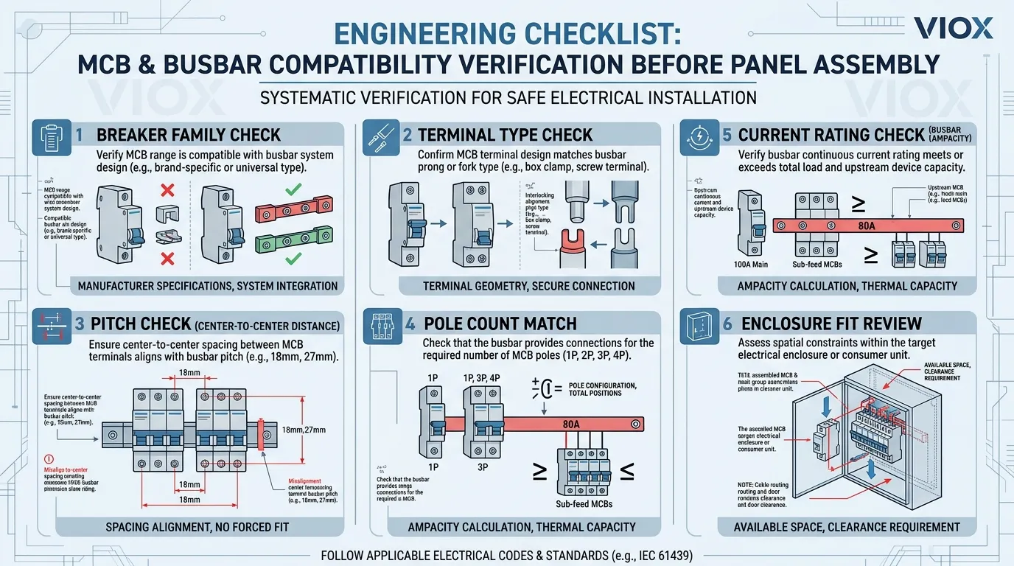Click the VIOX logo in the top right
pos(953,28)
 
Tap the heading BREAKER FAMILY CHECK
pos(189,135)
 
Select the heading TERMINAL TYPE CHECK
pos(505,135)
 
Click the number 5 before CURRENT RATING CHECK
pos(726,135)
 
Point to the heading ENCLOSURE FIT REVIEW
pos(831,324)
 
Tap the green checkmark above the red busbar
pos(293,190)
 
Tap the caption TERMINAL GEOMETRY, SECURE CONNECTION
pos(529,286)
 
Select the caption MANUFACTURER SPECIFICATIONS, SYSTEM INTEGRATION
pos(207,286)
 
